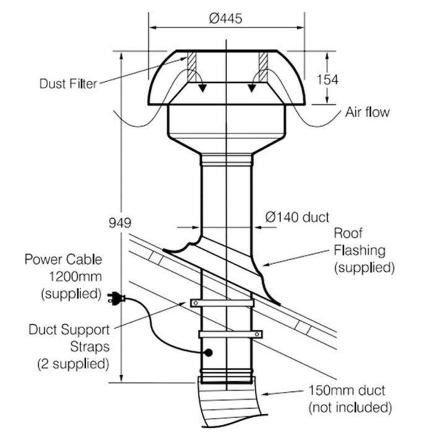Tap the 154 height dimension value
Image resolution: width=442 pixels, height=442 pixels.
tap(327, 80)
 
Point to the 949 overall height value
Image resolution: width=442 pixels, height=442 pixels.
tap(120, 223)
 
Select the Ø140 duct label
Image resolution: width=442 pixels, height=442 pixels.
tap(297, 217)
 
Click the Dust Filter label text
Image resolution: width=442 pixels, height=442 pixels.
tap(68, 84)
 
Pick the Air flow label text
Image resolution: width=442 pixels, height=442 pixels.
tap(367, 112)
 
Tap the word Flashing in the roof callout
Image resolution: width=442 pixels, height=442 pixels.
tap(359, 250)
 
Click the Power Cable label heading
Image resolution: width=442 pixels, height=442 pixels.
tap(63, 259)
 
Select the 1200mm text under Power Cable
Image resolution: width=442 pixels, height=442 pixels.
tap(75, 276)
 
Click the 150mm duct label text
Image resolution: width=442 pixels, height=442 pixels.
tap(347, 390)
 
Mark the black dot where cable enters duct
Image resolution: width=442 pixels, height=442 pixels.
tap(209, 352)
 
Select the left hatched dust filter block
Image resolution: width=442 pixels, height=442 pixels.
tap(191, 67)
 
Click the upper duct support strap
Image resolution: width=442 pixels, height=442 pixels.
tap(222, 303)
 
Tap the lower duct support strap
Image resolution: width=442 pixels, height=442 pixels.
tap(230, 334)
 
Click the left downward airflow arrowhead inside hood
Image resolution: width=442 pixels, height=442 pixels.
tap(202, 88)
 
